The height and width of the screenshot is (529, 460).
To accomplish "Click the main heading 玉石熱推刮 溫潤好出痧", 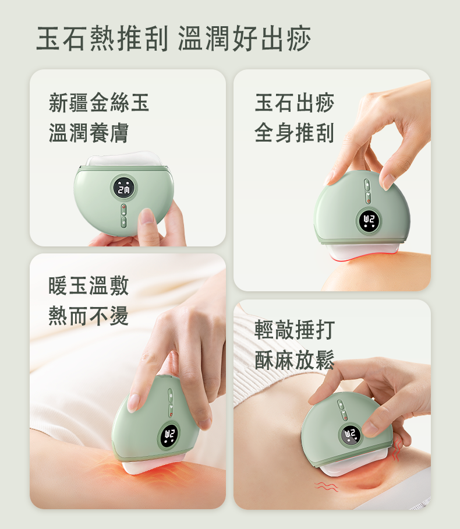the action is click(x=174, y=38).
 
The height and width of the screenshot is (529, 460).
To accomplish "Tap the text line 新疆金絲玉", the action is click(x=99, y=103).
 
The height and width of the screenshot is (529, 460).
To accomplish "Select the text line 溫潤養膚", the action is click(x=89, y=133).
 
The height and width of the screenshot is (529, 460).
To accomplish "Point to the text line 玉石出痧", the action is click(x=295, y=103).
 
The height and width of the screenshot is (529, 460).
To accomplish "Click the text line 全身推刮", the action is click(x=295, y=133).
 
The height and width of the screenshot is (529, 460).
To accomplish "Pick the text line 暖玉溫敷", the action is click(x=89, y=285).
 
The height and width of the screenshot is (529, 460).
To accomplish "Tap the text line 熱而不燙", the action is click(x=89, y=316).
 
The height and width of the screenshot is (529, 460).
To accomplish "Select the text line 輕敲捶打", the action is click(x=295, y=330).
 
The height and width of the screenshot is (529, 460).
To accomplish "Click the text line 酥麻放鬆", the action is click(x=295, y=360).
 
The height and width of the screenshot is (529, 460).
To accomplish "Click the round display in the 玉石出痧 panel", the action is click(x=369, y=221).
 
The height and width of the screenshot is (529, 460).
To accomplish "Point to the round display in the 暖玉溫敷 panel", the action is click(x=169, y=435).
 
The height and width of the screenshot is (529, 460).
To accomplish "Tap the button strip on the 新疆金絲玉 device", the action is click(x=124, y=216).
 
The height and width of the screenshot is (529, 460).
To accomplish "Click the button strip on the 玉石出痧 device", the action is click(x=367, y=191).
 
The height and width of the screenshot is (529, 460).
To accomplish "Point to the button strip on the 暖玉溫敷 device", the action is click(x=171, y=403).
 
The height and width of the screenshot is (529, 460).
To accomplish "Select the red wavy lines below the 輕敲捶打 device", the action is click(x=325, y=486).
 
